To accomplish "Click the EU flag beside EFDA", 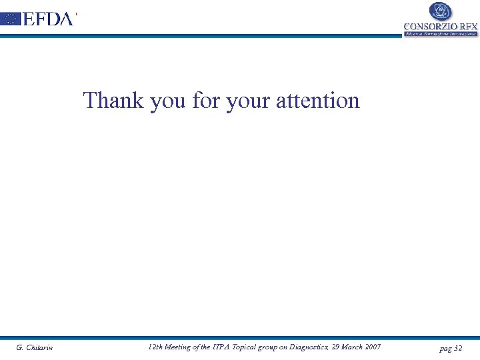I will pyautogui.click(x=11, y=19).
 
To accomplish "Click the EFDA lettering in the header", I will pyautogui.click(x=47, y=19).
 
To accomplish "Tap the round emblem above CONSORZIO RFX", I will pyautogui.click(x=440, y=11).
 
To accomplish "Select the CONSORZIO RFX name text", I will pyautogui.click(x=441, y=27).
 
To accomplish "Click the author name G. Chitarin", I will pyautogui.click(x=35, y=347).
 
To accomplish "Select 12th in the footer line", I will pyautogui.click(x=155, y=347).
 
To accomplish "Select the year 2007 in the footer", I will pyautogui.click(x=373, y=347).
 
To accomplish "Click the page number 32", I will pyautogui.click(x=457, y=348).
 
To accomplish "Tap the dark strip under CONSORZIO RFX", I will pyautogui.click(x=441, y=33).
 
